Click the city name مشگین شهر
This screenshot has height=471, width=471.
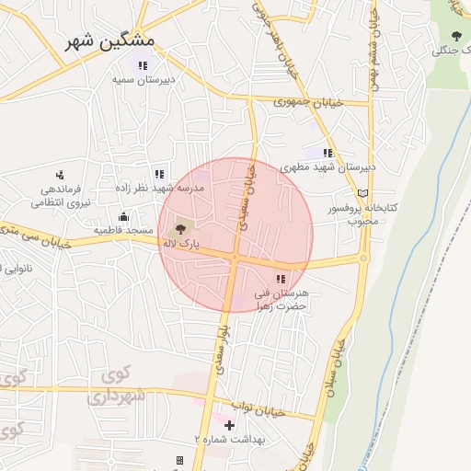coord(111,41)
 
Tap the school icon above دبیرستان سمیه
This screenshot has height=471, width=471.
coord(143,65)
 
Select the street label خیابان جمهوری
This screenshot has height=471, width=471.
coord(308,102)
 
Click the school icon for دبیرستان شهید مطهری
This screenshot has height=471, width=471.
coord(327,153)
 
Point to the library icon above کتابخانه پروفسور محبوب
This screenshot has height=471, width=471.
coord(363,193)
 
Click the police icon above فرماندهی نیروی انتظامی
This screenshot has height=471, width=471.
coord(60,174)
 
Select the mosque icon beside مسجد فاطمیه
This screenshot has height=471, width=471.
coord(123,217)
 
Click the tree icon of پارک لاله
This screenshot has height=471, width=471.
coord(178,227)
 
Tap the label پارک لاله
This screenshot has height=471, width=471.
coord(181,243)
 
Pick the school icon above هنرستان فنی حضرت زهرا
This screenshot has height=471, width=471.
coord(281,278)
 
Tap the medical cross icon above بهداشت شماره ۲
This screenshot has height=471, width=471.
coord(229,424)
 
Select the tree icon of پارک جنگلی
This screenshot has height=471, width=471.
coord(456,36)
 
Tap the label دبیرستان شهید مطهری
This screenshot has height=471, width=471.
coord(328,167)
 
